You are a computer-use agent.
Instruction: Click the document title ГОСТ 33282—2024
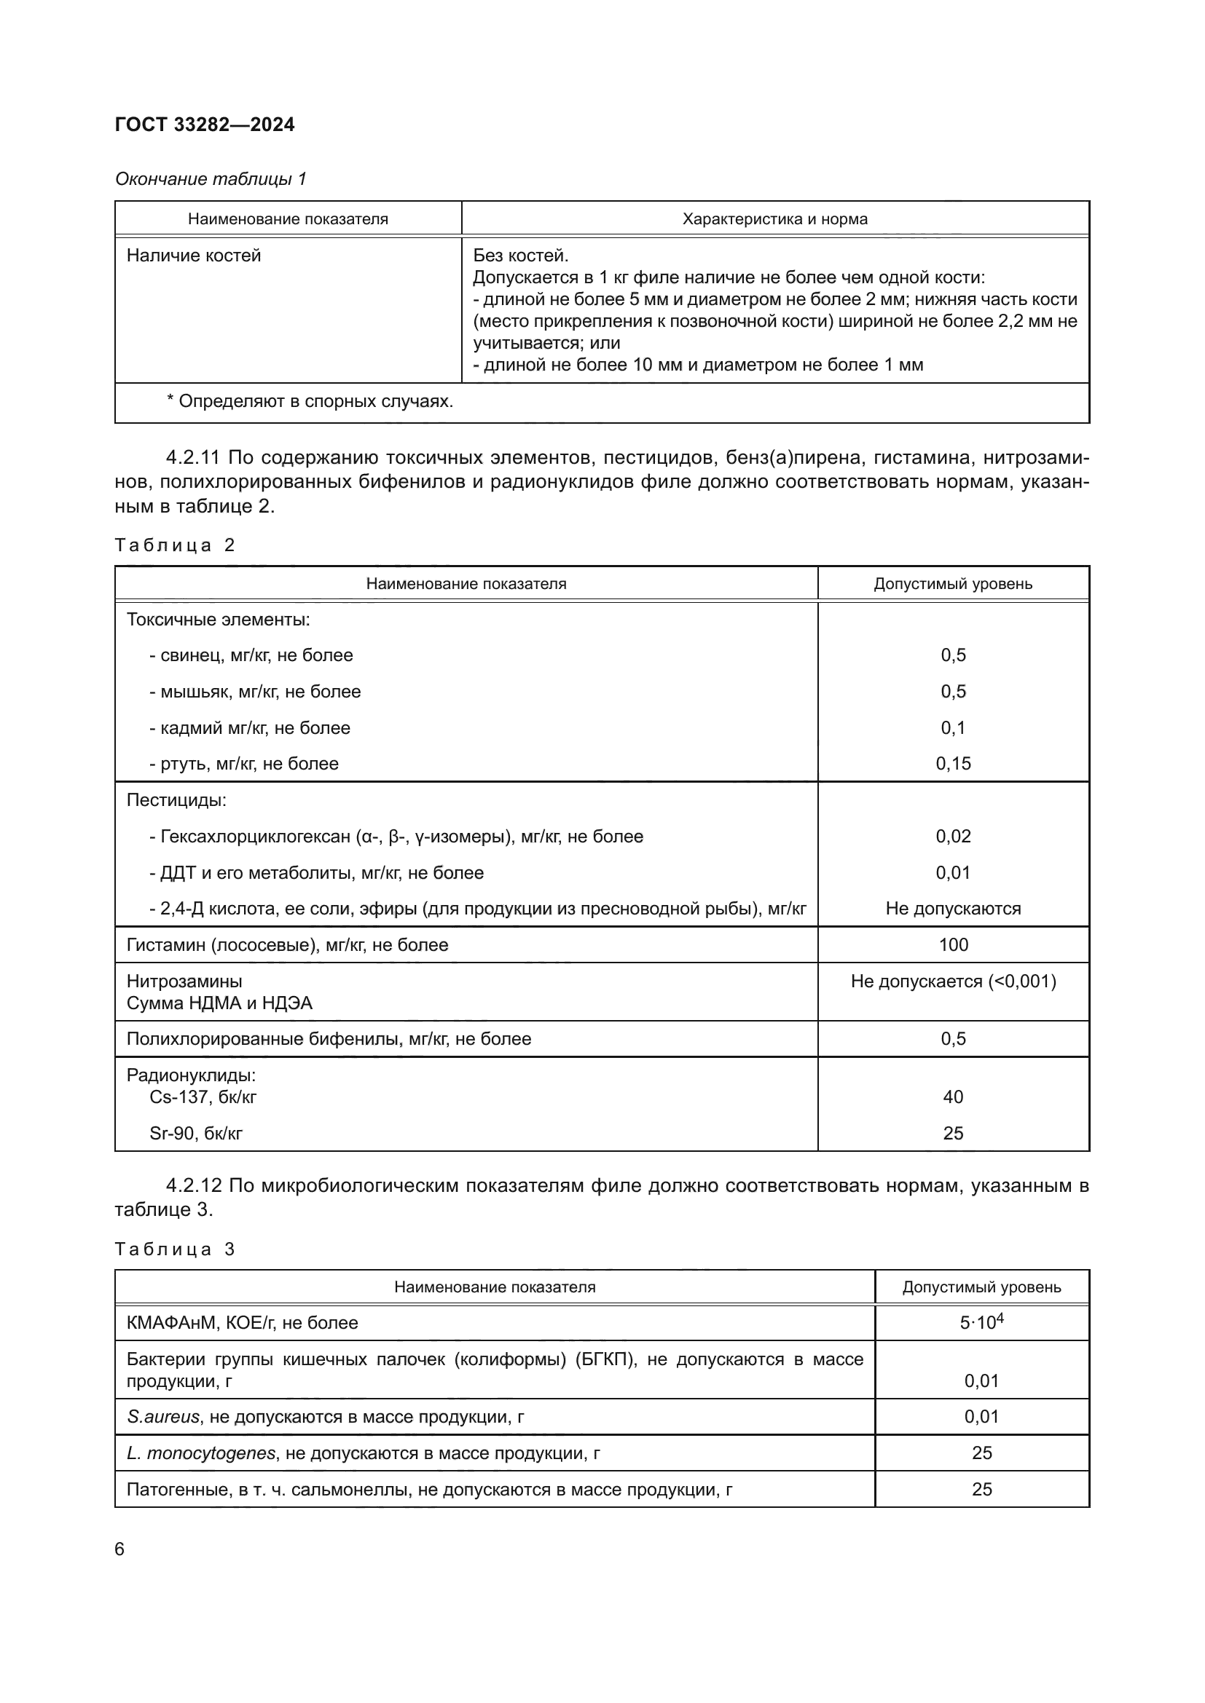(205, 125)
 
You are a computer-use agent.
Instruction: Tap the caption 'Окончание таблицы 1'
(211, 179)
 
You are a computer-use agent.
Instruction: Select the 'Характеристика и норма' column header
(774, 219)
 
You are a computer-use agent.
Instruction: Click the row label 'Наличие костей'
(194, 256)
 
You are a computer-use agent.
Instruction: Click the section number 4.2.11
(193, 458)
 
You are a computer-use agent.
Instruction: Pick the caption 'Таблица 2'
(174, 545)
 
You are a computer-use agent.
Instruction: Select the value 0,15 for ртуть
(953, 763)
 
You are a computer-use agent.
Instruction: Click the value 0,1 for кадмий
(953, 727)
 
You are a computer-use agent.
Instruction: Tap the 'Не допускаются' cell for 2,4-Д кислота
(953, 909)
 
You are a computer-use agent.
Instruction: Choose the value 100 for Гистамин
(953, 945)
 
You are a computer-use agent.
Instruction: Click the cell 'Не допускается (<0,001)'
(953, 981)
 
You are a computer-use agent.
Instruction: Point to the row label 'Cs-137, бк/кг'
(203, 1097)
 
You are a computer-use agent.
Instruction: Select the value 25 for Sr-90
(953, 1134)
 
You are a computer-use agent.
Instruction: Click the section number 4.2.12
(193, 1185)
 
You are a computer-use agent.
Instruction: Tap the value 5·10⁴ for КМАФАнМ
(981, 1322)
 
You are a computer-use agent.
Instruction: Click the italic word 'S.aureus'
(163, 1417)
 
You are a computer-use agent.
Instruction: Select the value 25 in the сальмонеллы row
(981, 1490)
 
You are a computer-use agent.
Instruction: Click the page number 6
(120, 1549)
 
